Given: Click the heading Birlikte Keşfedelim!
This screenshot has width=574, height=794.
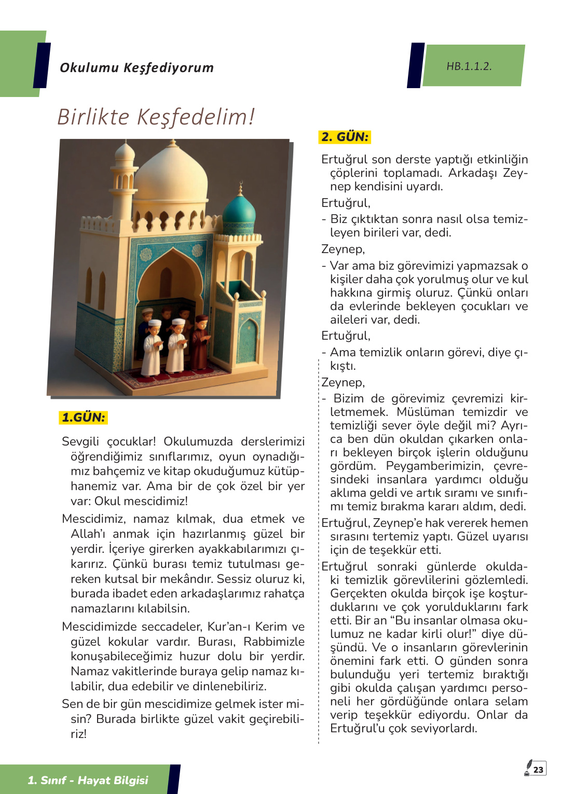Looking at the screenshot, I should [156, 117].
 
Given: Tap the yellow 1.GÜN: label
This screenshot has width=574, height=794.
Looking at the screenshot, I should [84, 417].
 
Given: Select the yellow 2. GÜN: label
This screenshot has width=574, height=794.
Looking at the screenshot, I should [345, 137].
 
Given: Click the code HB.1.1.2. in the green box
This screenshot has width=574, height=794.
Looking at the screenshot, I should [469, 66].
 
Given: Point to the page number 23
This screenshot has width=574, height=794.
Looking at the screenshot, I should [538, 770].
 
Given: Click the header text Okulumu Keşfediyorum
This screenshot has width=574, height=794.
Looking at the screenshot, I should [136, 67].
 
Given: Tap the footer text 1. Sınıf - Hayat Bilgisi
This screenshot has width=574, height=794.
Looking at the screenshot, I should [88, 780].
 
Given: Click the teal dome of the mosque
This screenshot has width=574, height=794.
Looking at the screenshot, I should [239, 215].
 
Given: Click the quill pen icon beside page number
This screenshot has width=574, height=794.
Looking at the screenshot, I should [528, 768].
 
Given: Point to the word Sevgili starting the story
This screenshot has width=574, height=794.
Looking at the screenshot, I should [80, 441].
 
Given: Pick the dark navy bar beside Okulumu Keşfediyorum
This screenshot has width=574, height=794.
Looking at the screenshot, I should [42, 65].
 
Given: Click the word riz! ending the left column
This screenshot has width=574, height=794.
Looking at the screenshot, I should [79, 734].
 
